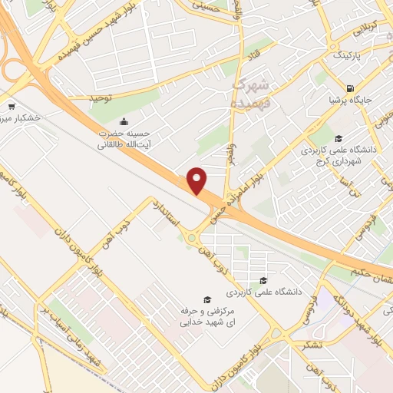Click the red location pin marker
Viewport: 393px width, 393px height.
pos(198,180)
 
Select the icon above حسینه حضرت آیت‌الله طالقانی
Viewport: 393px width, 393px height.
pos(124,121)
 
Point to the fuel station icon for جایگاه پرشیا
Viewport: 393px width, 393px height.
pos(350,88)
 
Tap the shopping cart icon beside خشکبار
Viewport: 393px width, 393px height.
pos(11,107)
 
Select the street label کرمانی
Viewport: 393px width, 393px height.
pos(359,27)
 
